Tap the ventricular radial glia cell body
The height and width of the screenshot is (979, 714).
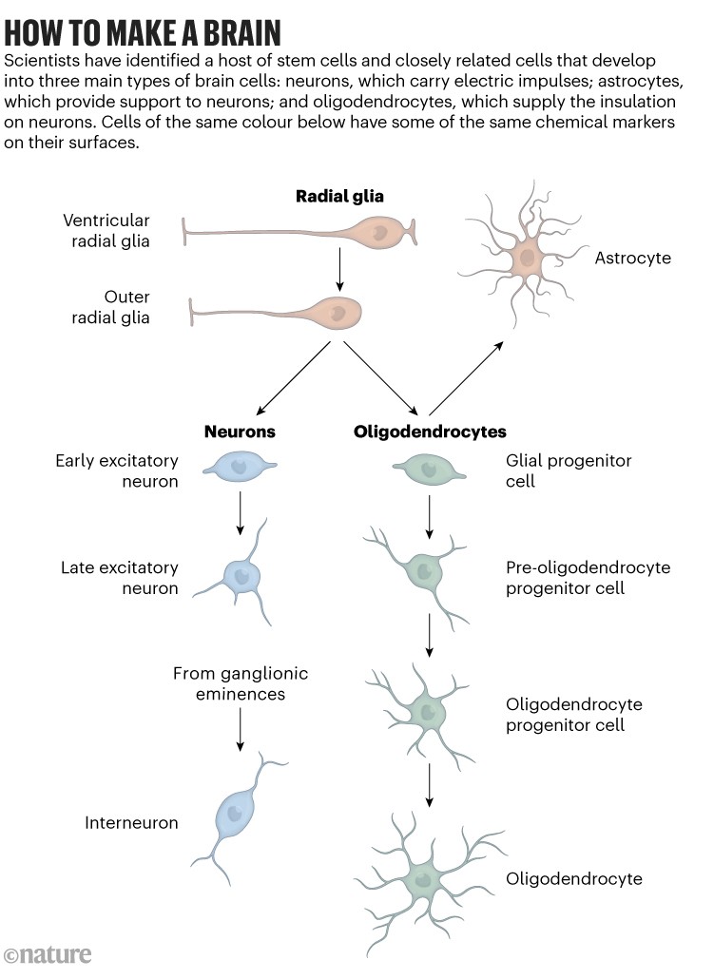(378, 232)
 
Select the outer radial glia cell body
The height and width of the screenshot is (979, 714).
(335, 311)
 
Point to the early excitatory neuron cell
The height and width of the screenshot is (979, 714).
(240, 468)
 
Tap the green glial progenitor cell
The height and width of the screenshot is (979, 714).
(430, 469)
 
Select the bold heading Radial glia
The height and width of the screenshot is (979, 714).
(339, 197)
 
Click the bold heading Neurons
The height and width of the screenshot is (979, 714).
(240, 432)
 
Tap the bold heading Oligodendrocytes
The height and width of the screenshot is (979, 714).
(430, 432)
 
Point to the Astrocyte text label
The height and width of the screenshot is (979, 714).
(633, 258)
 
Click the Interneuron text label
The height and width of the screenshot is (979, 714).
(131, 823)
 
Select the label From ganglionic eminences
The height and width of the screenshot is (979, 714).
(241, 684)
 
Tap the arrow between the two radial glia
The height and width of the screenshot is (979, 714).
(339, 271)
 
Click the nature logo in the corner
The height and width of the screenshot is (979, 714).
(48, 954)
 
